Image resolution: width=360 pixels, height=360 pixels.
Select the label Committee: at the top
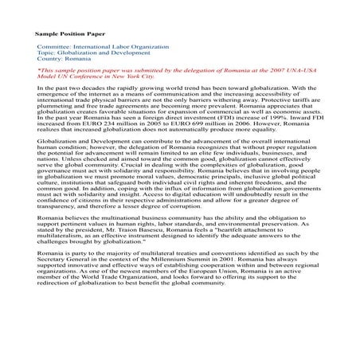[x=54, y=48]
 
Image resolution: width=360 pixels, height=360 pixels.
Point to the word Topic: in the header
[x=47, y=53]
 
